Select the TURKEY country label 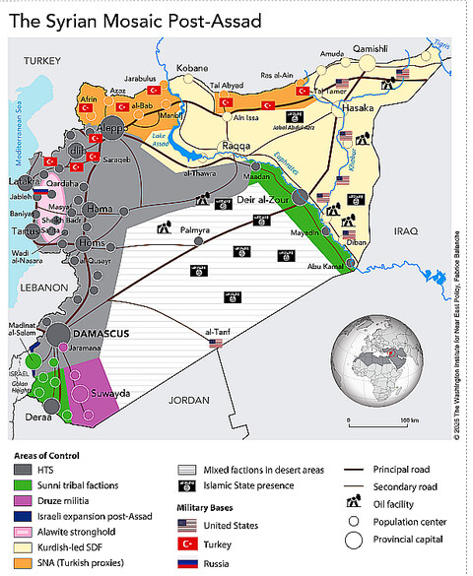pyautogui.click(x=42, y=61)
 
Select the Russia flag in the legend pyautogui.click(x=187, y=562)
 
